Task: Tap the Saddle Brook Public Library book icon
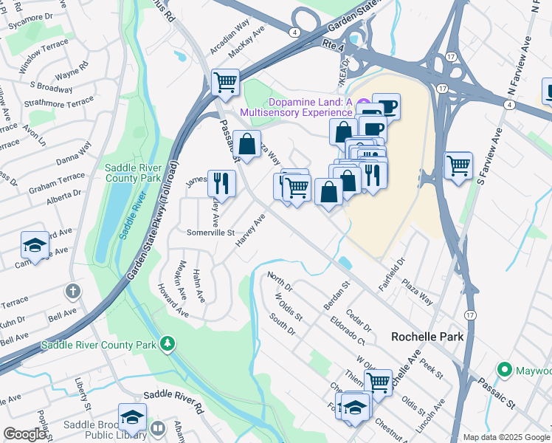158,429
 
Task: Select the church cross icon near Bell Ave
72,291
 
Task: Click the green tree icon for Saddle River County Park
168,343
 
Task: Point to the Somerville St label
210,232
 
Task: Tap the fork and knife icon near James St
221,182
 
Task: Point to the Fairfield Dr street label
402,273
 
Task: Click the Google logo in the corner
24,434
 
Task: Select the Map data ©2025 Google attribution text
507,437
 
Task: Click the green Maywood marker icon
505,368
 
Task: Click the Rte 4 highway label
334,47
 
